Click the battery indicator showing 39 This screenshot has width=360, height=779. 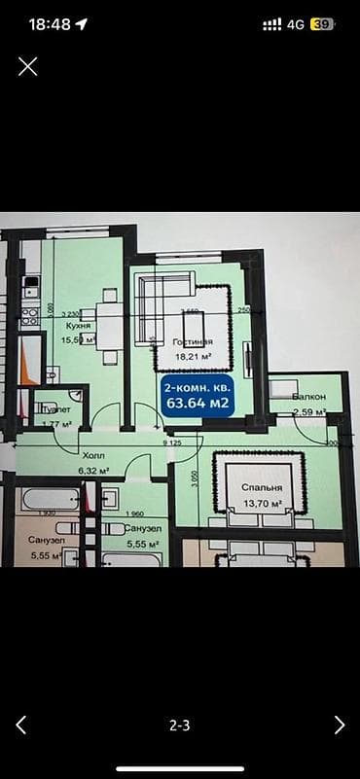(x=322, y=24)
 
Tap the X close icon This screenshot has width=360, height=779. (x=28, y=66)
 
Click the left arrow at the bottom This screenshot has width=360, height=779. (x=20, y=725)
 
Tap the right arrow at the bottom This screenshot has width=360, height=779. (x=340, y=725)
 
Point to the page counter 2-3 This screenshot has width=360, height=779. (x=179, y=725)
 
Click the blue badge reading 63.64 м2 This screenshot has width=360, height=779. (x=198, y=398)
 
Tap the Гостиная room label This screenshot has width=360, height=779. (x=193, y=343)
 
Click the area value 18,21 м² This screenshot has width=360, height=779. (x=192, y=357)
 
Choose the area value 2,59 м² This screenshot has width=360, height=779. (x=307, y=412)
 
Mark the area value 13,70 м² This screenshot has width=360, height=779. (x=263, y=503)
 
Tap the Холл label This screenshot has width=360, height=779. (x=93, y=455)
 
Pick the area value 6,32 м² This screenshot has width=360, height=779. (x=93, y=470)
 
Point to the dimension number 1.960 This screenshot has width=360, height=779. (x=135, y=514)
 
